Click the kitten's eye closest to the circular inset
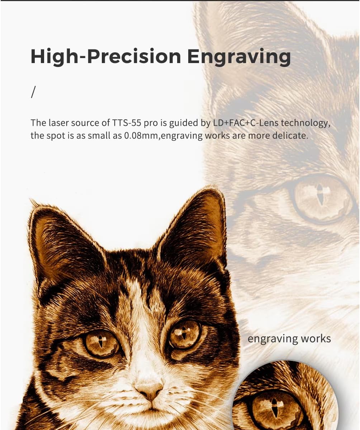pos(185,334)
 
